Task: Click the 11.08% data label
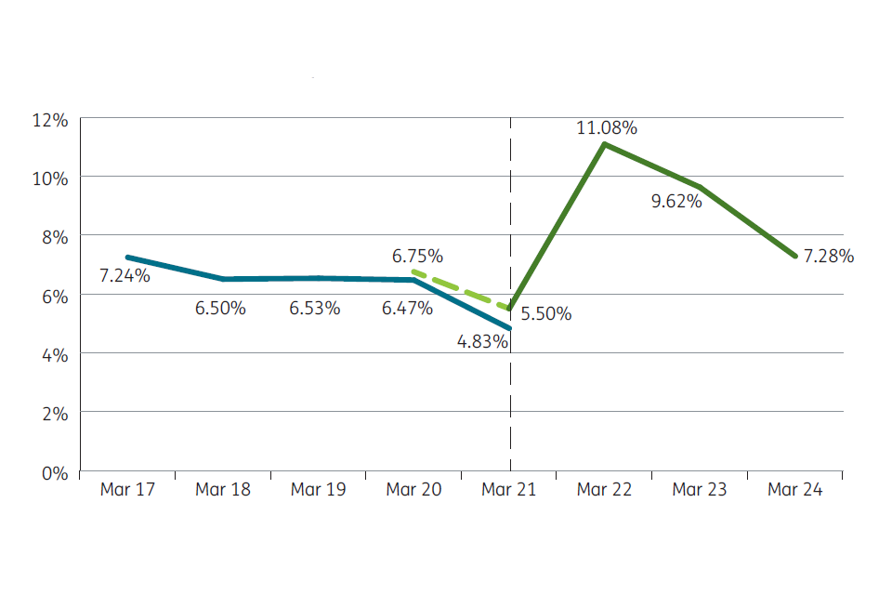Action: [607, 128]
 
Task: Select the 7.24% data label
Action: [125, 275]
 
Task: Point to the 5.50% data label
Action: [545, 314]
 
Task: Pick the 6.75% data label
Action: [417, 256]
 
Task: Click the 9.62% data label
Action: [676, 201]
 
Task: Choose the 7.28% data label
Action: [828, 256]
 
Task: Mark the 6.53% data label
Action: [315, 308]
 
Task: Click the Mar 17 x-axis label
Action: [127, 490]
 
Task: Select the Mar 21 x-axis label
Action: [509, 490]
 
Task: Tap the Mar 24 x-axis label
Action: [795, 490]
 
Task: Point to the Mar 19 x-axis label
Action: [318, 490]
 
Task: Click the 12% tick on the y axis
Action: [50, 119]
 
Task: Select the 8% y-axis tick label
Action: [54, 236]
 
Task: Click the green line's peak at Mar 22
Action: [605, 143]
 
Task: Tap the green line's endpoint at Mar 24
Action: [796, 256]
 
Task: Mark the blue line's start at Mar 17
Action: [127, 258]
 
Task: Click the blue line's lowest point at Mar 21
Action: [510, 328]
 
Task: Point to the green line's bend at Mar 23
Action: [701, 187]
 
